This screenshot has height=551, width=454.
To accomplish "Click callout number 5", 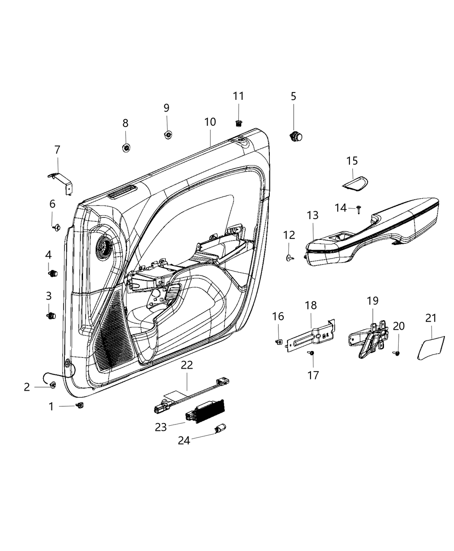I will [x=294, y=96].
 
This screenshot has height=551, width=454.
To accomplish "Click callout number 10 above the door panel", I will [x=210, y=122].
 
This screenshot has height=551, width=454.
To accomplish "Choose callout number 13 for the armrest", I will [x=313, y=215].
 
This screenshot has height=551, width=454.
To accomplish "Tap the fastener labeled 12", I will [x=289, y=258].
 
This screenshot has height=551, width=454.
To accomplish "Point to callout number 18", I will [x=311, y=305].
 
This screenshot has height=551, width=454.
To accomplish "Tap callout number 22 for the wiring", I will [x=187, y=365].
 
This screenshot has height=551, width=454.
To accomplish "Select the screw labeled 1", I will [x=80, y=405].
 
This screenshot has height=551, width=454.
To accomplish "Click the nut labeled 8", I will [x=126, y=148].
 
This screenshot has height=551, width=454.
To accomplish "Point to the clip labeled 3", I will [x=51, y=315].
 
